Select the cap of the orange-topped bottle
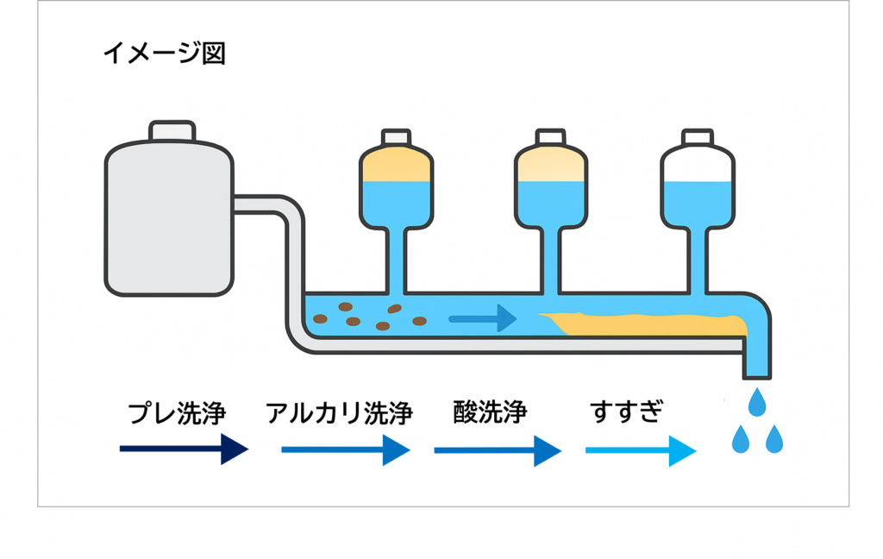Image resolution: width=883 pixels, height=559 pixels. click(396, 138)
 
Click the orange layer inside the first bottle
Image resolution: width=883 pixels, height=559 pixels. click(396, 166)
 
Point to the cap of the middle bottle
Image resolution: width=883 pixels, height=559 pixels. click(551, 138)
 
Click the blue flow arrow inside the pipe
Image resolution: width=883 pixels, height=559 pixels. click(482, 318)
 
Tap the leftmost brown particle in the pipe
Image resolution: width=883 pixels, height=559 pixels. click(320, 318)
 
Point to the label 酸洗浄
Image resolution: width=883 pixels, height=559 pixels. click(490, 412)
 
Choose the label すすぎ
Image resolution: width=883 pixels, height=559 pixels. click(627, 412)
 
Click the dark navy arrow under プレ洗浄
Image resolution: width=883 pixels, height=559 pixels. click(184, 449)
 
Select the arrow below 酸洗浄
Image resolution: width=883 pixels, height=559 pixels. click(498, 450)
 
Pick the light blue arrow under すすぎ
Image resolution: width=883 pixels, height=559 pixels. click(640, 450)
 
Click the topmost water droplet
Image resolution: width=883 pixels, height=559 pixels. click(758, 401)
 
